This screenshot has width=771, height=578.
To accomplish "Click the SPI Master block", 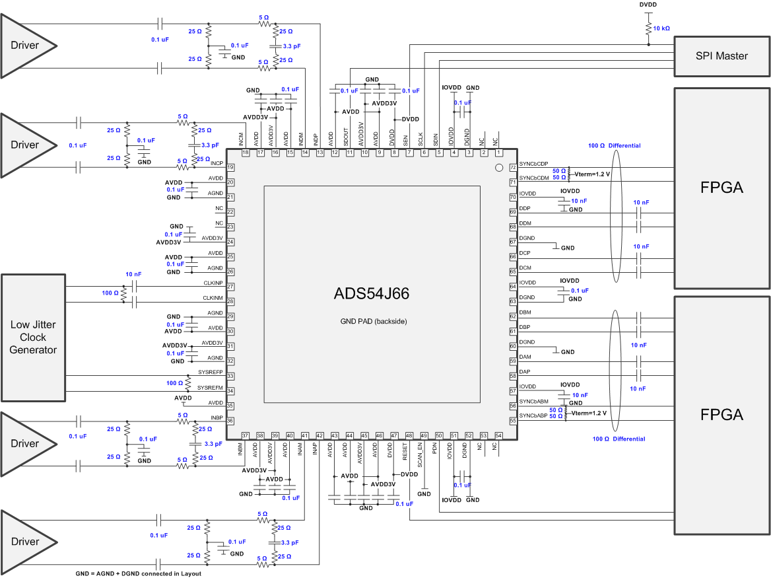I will [x=722, y=55].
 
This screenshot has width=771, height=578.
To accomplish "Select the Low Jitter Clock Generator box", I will [x=33, y=338].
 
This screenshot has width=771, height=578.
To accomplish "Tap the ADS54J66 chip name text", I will [x=372, y=294].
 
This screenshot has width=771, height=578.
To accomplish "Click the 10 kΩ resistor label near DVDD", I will [x=661, y=28].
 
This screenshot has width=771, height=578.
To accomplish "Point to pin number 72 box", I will [x=512, y=167].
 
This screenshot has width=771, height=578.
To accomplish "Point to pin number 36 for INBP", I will [x=230, y=421].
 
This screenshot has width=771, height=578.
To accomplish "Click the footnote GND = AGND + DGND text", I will [x=138, y=573].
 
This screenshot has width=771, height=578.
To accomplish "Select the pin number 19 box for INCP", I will [x=230, y=167].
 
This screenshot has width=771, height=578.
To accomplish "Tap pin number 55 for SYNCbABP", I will [x=512, y=421].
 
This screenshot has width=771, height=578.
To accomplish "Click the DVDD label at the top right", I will [x=649, y=4].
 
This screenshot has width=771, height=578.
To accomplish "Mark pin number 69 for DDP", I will [x=512, y=212].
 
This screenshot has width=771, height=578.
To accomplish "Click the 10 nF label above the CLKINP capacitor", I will [x=134, y=274].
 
